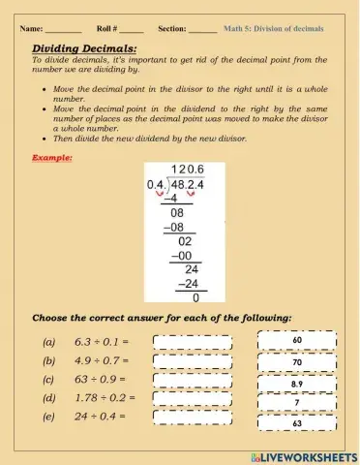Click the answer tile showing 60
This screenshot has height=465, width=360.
(x=297, y=341)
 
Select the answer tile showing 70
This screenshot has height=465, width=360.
(x=297, y=362)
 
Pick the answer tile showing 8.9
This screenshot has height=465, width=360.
(x=297, y=384)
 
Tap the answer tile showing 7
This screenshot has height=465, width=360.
(x=297, y=402)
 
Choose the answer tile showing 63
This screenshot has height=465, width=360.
(x=297, y=423)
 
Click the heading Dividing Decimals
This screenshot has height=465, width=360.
(x=84, y=47)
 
